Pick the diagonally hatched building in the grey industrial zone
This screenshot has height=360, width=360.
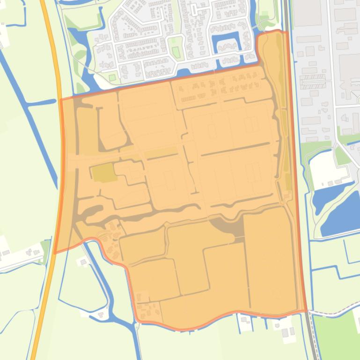(x=315, y=81)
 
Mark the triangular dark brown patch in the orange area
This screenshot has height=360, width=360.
(x=229, y=227)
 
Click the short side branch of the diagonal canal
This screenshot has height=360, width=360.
(x=42, y=102)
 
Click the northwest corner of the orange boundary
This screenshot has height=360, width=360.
(x=60, y=100)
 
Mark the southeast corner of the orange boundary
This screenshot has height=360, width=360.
(x=307, y=310)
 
